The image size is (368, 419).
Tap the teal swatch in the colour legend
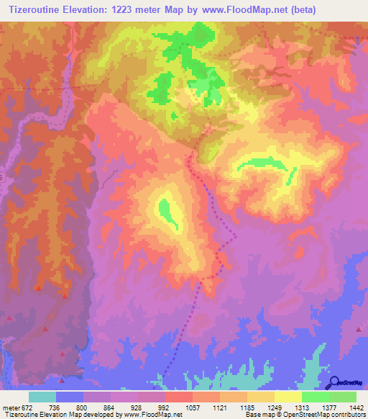tap(42, 397)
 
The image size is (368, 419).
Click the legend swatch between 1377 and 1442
tap(342, 397)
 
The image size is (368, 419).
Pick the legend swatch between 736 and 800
tap(70, 397)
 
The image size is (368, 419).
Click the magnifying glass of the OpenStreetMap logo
tap(334, 382)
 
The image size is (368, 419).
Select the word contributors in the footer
tap(348, 415)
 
